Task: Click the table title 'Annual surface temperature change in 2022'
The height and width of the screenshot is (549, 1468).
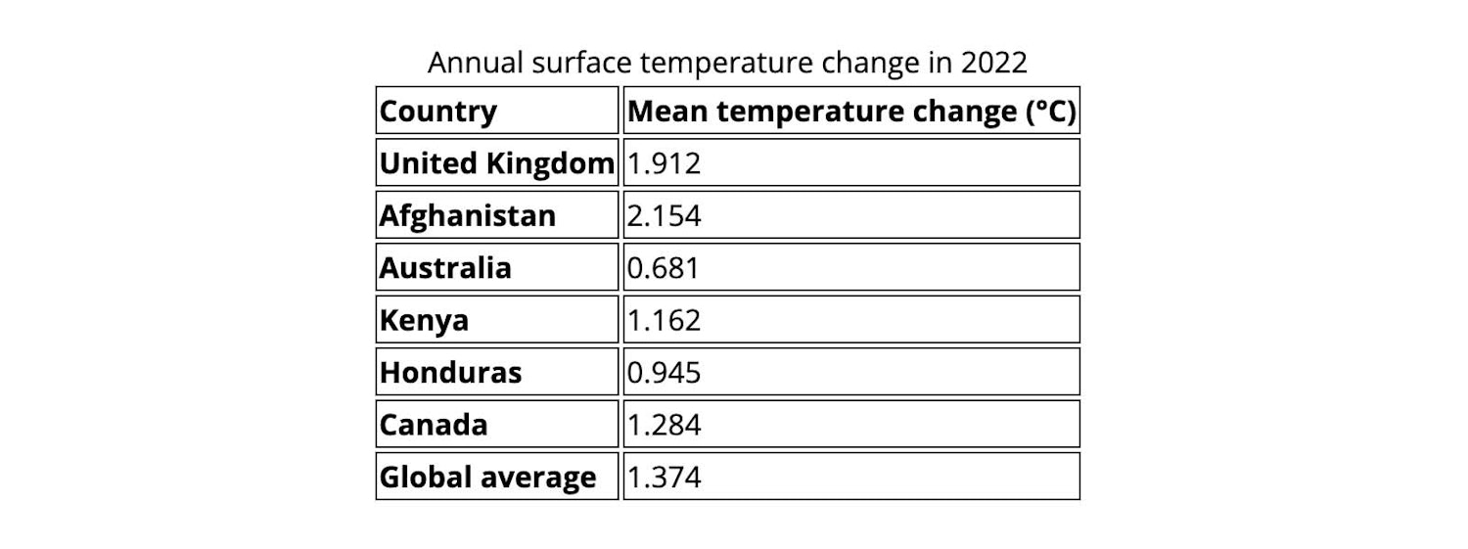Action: [x=727, y=63]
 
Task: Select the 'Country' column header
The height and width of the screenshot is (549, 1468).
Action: [x=437, y=112]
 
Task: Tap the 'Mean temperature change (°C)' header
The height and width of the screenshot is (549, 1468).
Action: [x=850, y=112]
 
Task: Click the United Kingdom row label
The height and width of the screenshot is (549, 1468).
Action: [x=496, y=163]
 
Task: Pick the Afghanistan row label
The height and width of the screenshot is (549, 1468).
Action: [x=467, y=215]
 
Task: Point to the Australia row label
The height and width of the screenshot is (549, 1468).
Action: [x=445, y=268]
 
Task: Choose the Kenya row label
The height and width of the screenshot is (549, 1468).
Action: [x=424, y=320]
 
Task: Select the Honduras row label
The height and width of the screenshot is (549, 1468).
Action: [x=450, y=373]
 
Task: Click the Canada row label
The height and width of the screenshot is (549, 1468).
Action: [x=433, y=425]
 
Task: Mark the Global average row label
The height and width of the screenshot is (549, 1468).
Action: [x=487, y=478]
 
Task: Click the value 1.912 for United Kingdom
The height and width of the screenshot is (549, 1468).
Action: [x=664, y=163]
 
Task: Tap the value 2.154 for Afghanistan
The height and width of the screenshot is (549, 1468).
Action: [x=664, y=215]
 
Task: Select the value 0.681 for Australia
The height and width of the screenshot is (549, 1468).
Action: [x=664, y=268]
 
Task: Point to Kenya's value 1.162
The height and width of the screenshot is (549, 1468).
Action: [x=664, y=320]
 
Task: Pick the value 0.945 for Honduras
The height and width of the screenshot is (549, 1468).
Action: [x=664, y=373]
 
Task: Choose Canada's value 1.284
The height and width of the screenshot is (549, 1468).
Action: [x=664, y=425]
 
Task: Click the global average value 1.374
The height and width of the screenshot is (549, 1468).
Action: [x=664, y=478]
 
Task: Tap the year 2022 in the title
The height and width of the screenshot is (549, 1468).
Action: [x=993, y=63]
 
